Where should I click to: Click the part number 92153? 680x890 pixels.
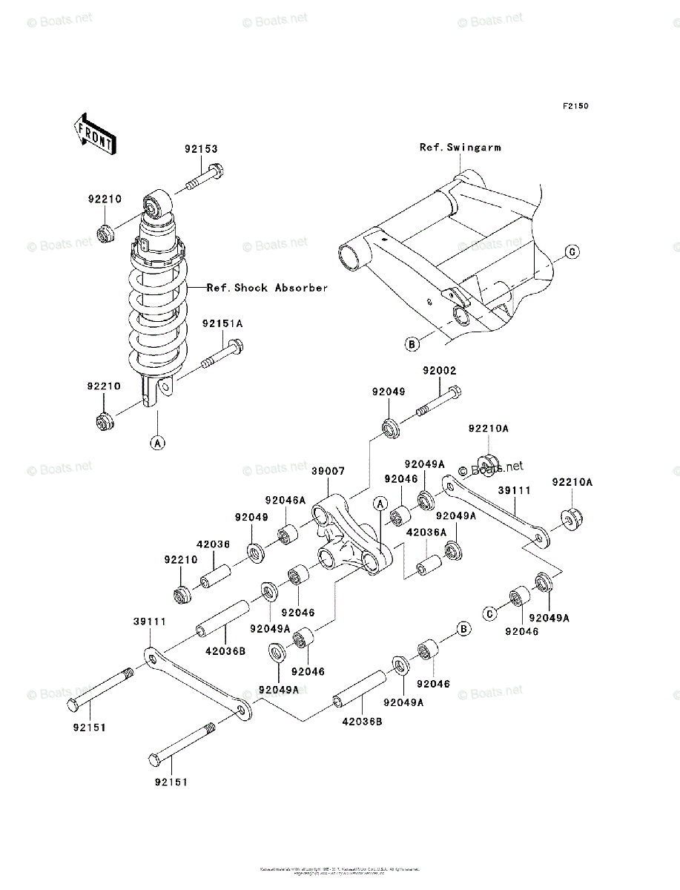click(x=201, y=149)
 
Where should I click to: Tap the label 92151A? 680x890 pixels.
click(x=222, y=323)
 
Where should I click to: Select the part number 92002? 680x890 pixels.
click(x=440, y=371)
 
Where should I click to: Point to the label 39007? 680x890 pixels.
click(x=328, y=471)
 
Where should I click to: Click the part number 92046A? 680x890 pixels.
click(x=285, y=501)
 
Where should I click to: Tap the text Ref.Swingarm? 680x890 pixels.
click(x=460, y=148)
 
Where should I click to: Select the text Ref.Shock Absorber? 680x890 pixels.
click(x=267, y=288)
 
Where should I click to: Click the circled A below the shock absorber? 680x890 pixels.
click(x=157, y=443)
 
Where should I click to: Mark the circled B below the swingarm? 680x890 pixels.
click(x=412, y=343)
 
